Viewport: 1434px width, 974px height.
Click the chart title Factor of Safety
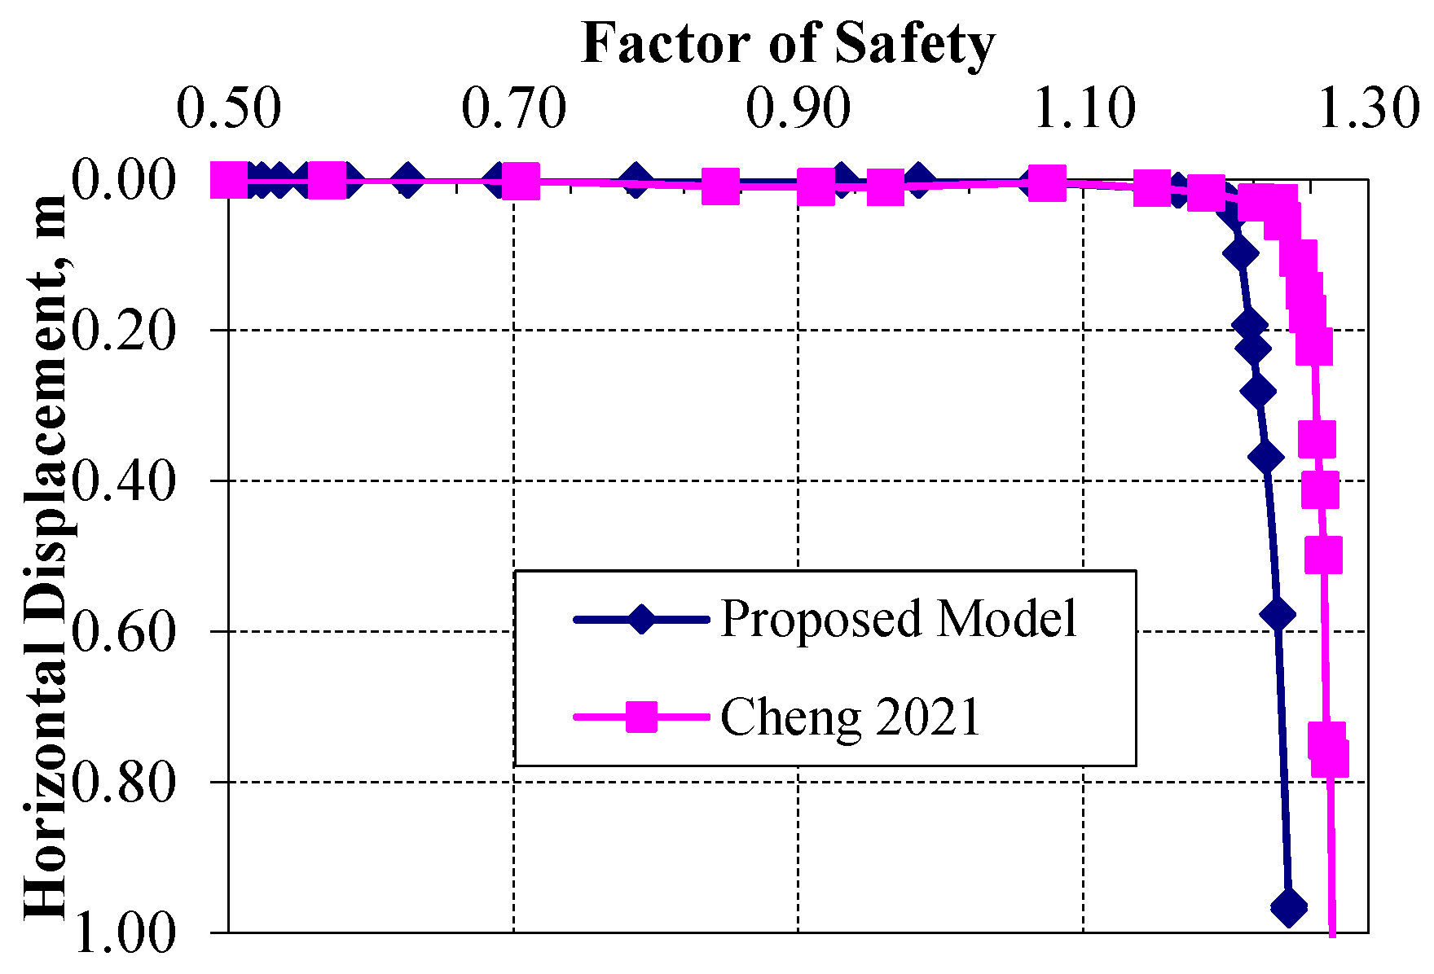tap(787, 44)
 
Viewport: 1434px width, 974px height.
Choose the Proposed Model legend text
tap(899, 619)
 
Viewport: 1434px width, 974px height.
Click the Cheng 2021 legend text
tap(850, 717)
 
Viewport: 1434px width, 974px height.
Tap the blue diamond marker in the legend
tap(642, 619)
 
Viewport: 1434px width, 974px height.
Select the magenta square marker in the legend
tap(642, 717)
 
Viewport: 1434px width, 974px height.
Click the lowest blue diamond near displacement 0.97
tap(1288, 906)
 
